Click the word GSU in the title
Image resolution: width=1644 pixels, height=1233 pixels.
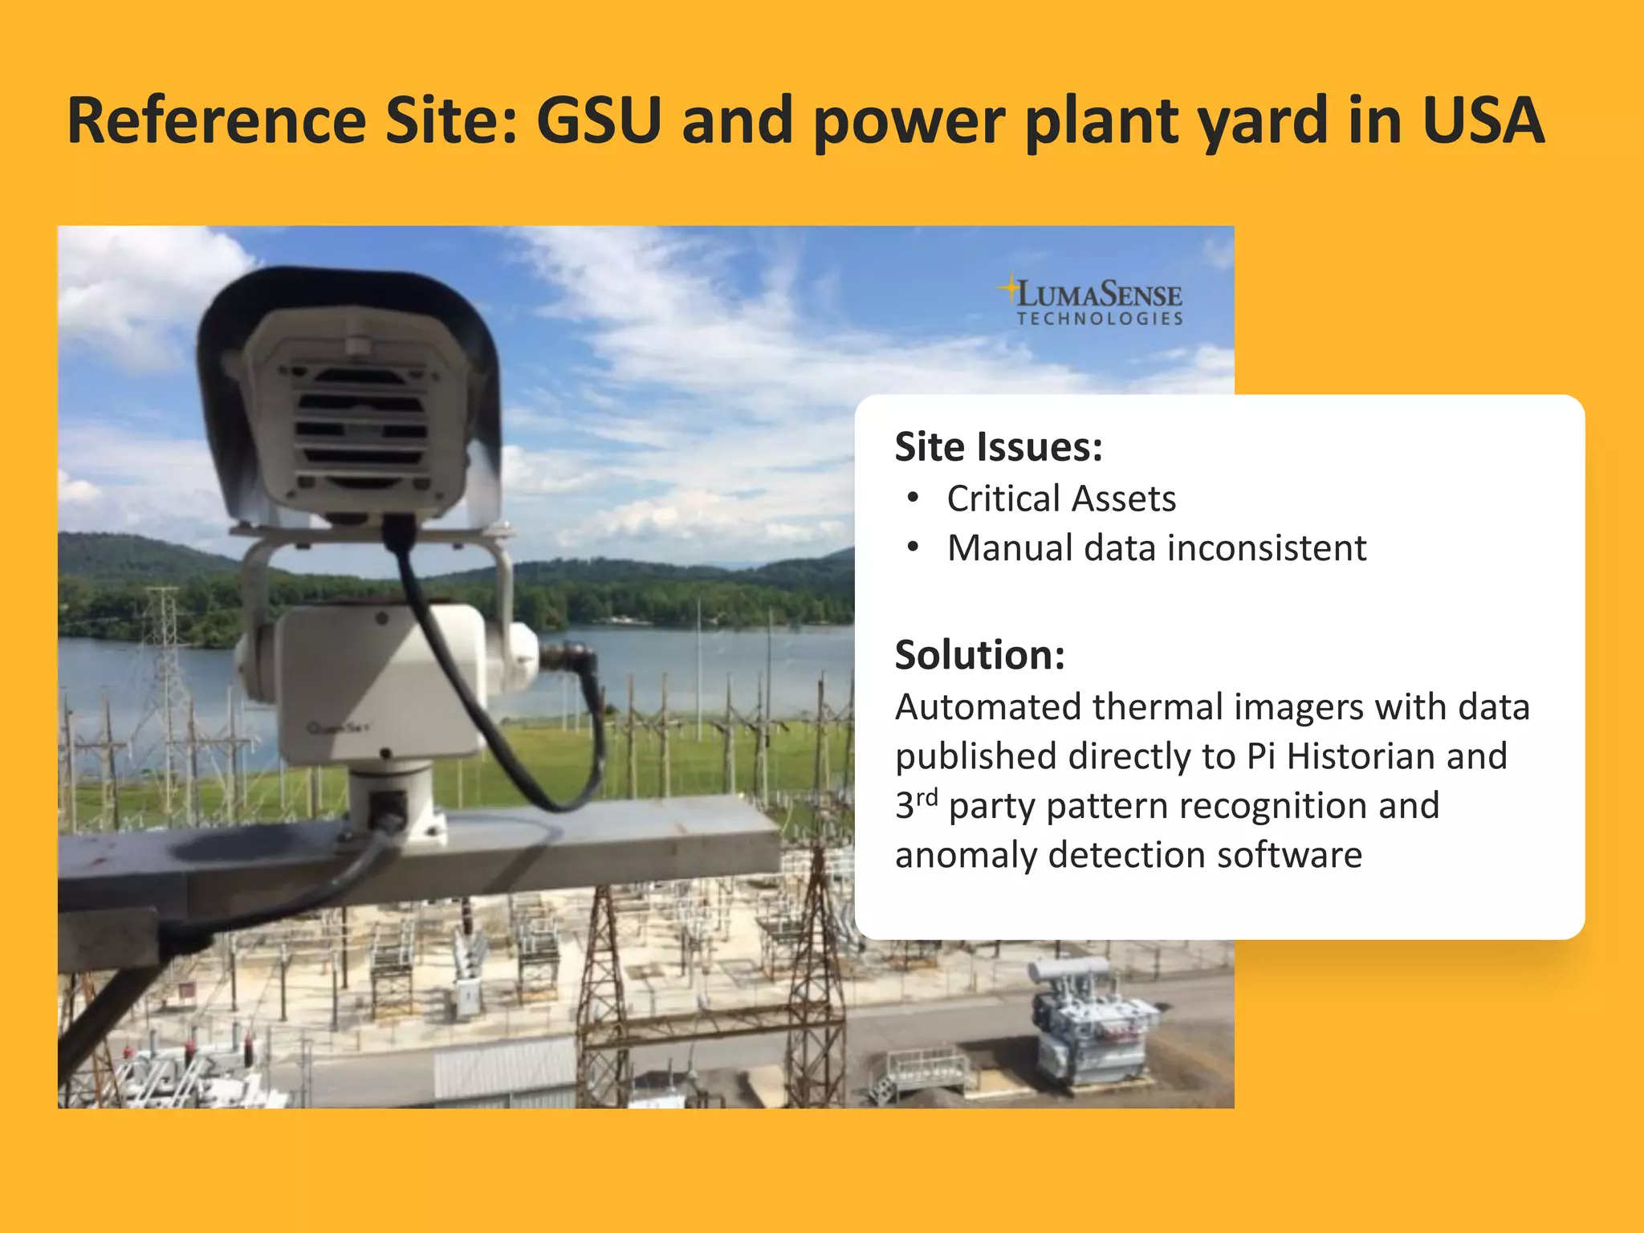599,120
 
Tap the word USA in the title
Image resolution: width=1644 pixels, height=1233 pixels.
1483,120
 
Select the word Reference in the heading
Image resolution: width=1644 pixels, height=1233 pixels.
217,120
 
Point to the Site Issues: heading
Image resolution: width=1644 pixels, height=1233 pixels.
999,447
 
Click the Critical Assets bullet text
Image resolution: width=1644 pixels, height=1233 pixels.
1061,498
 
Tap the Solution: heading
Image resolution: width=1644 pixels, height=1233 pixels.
980,655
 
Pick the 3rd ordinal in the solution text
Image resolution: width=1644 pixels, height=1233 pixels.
916,805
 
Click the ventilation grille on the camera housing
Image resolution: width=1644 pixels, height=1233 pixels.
360,425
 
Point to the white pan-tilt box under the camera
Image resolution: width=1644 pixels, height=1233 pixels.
377,682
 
